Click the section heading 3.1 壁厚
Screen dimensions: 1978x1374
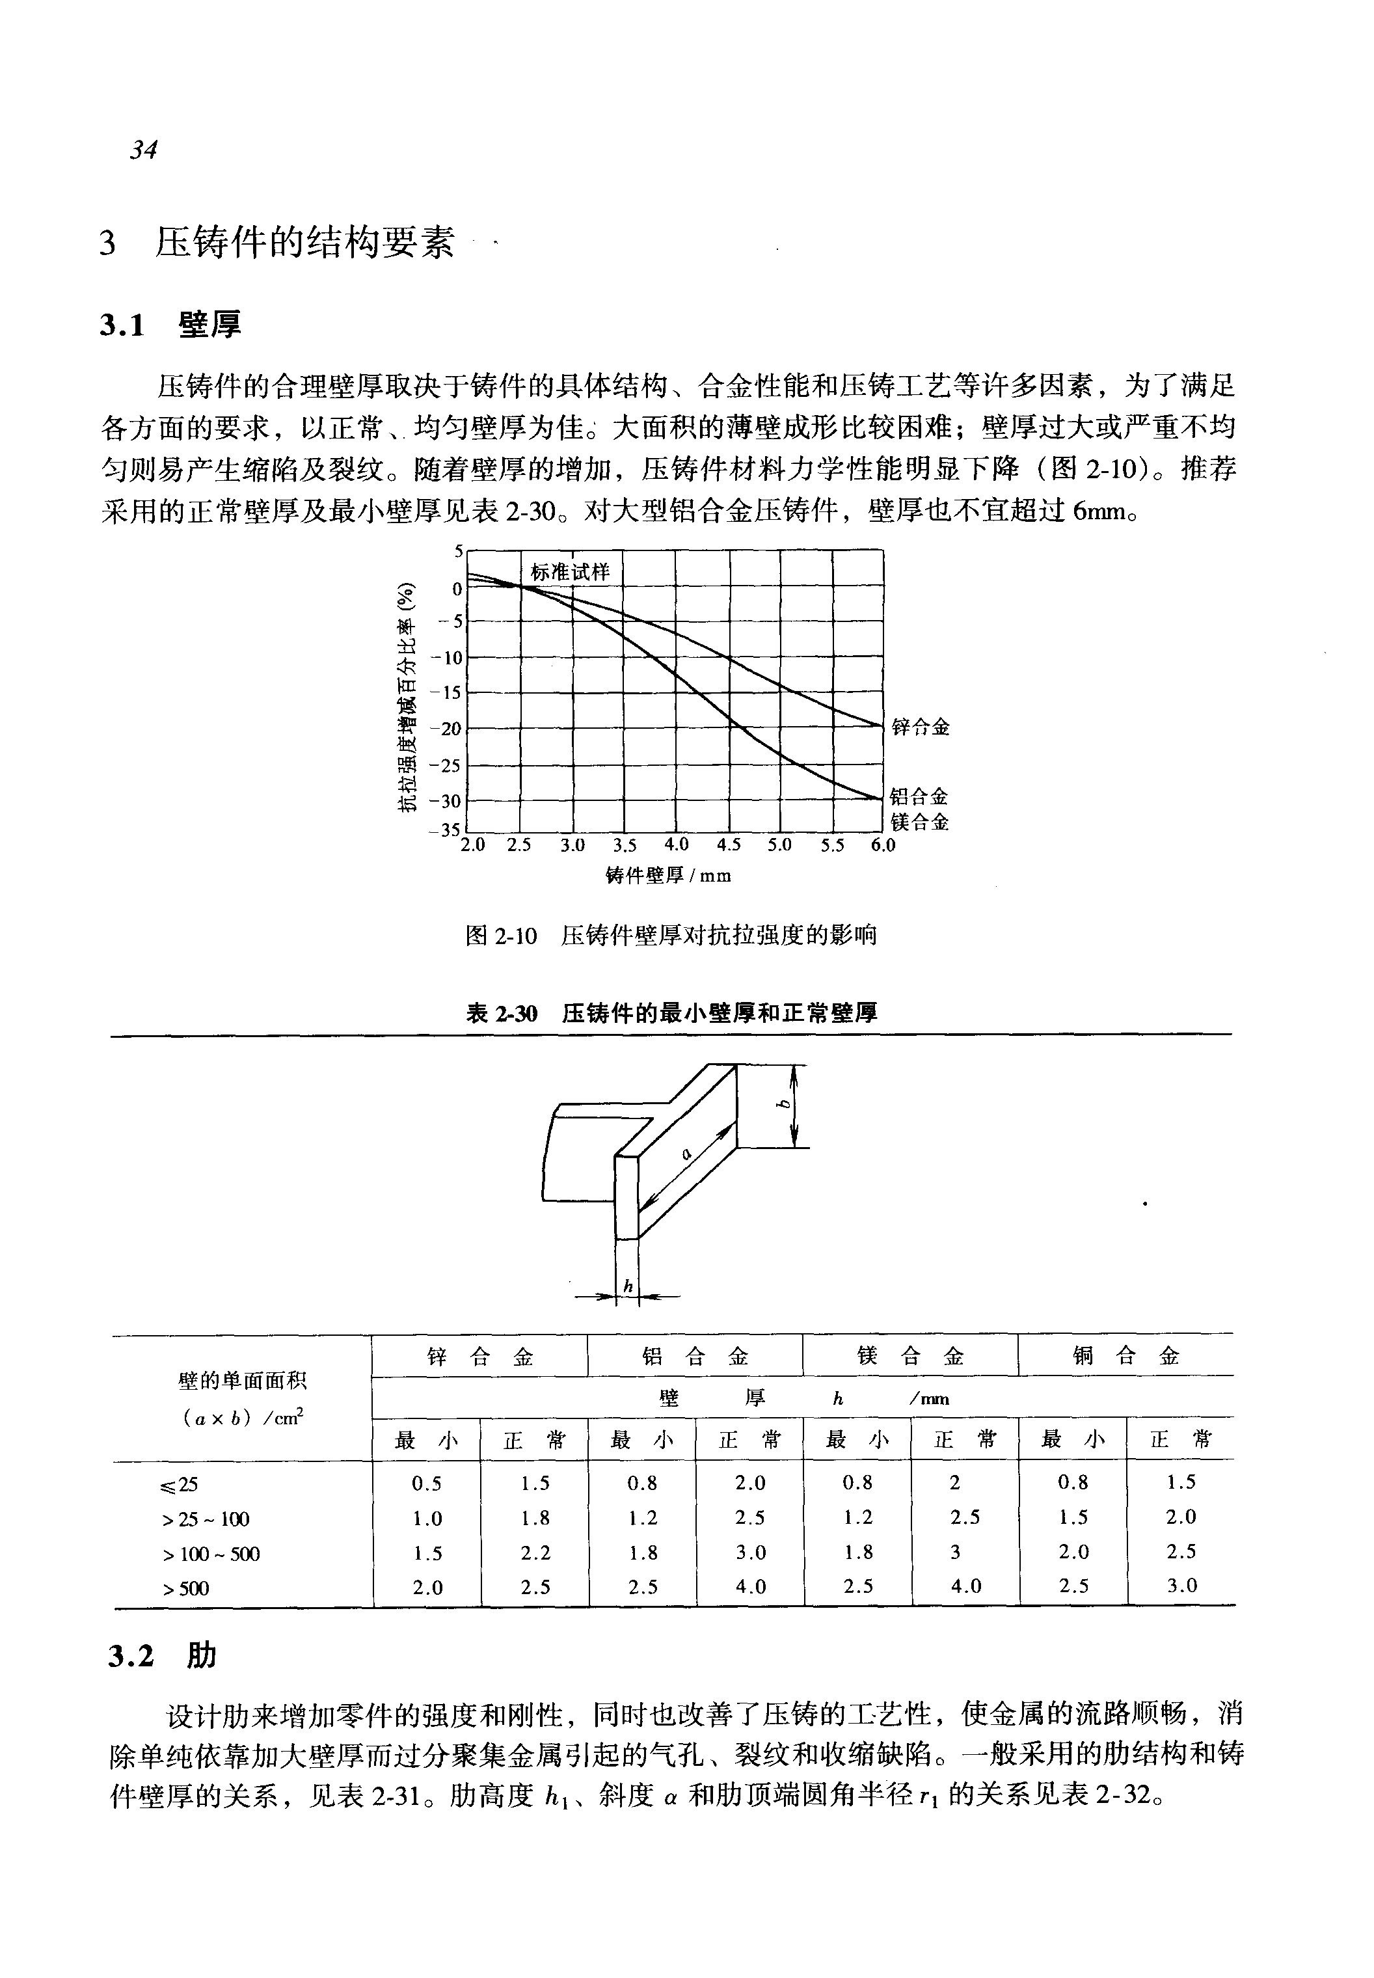point(170,325)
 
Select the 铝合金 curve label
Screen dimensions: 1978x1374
point(919,796)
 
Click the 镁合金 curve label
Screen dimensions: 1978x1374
point(919,822)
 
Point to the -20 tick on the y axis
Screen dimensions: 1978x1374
point(450,729)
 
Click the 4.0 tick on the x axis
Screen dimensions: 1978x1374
point(676,845)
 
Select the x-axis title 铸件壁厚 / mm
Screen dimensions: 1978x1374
point(669,876)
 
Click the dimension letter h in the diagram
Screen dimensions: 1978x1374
point(628,1286)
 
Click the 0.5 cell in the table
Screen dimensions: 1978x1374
point(427,1483)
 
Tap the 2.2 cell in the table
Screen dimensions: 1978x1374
point(535,1552)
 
